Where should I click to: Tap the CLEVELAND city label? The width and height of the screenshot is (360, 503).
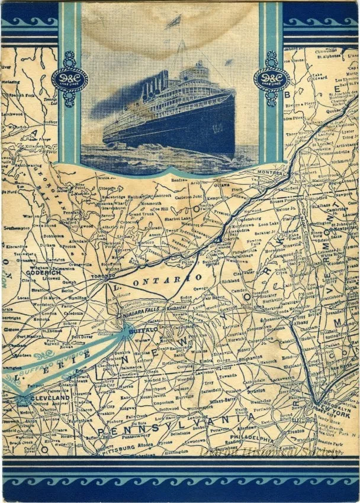tap(46, 398)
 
